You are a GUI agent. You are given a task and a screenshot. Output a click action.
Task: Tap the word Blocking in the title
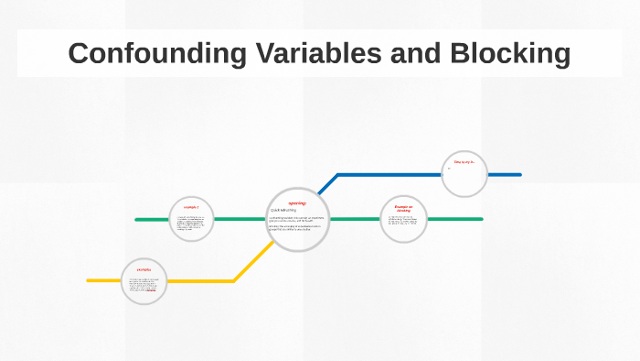click(x=510, y=53)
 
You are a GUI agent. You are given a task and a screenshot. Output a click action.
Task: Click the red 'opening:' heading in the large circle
click(x=297, y=202)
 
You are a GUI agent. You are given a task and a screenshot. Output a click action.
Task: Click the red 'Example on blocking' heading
click(x=403, y=209)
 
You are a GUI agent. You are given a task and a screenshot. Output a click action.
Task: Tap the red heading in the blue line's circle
click(x=464, y=162)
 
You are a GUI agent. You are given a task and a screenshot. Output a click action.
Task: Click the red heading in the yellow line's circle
click(x=144, y=269)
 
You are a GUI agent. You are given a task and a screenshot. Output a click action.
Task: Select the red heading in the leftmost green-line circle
click(x=191, y=208)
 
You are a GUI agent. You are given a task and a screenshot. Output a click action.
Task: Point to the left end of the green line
click(x=137, y=220)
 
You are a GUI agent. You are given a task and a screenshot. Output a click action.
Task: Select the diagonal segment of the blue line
click(x=328, y=182)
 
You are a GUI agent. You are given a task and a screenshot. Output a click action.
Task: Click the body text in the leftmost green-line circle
click(x=191, y=223)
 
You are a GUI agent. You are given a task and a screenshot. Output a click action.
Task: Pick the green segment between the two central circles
click(x=354, y=219)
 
